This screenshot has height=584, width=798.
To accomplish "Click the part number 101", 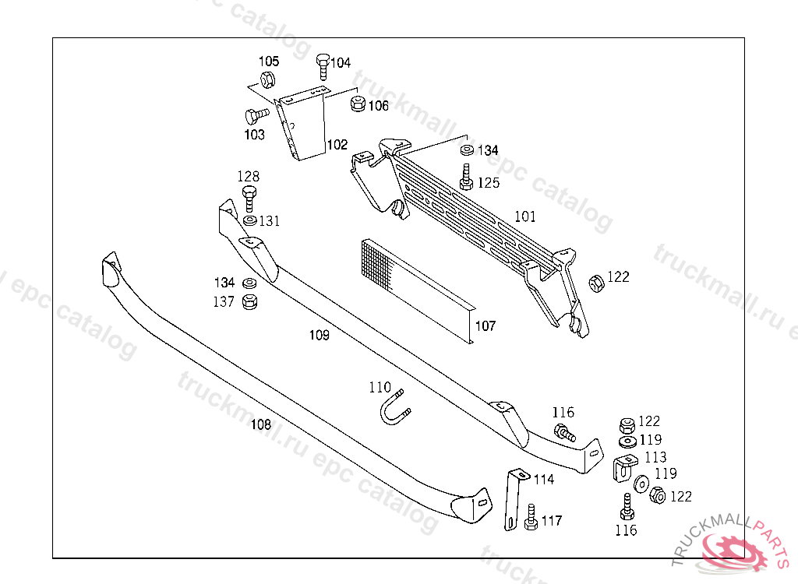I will point(525,216).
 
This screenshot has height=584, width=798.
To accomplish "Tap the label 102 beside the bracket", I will point(337,145).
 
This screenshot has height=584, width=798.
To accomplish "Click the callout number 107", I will point(485,326).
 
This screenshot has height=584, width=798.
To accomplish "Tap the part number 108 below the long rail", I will point(261,424).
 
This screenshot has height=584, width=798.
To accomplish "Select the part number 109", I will point(319,336).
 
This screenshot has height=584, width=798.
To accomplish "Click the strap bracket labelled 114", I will point(514,498).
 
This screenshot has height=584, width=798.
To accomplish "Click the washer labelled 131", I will point(249,222).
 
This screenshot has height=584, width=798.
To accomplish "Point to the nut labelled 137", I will point(250,301).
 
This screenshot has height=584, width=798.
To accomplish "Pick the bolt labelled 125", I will point(466,178).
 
